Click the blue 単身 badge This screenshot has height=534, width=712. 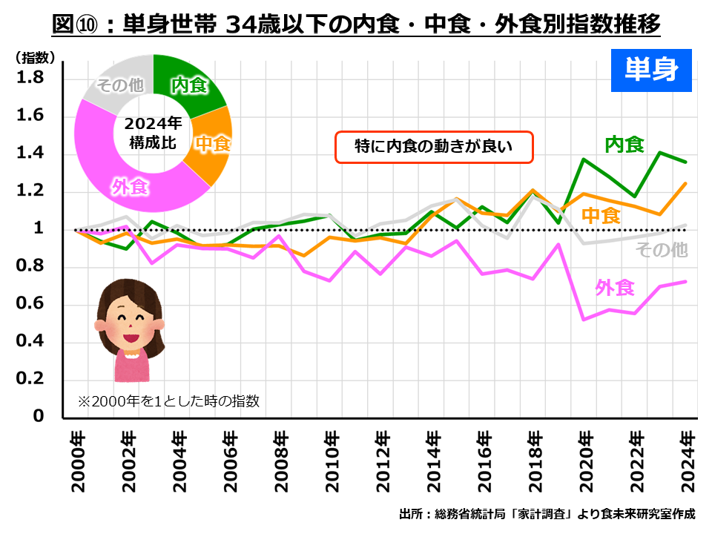click(650, 70)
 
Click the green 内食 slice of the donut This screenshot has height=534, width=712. click(189, 85)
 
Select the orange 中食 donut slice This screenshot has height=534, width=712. click(212, 145)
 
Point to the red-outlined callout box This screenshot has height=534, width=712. click(435, 147)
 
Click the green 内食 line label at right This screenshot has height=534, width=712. click(624, 145)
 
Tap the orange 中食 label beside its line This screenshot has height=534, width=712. click(601, 216)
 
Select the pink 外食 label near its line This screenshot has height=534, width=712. click(615, 288)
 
